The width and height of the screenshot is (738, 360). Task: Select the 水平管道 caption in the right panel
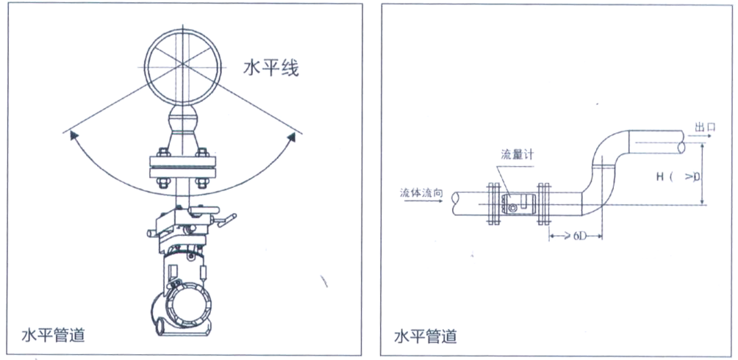point(426,336)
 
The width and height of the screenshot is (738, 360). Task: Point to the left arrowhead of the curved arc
point(71,134)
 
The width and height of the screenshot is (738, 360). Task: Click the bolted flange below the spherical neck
point(182,167)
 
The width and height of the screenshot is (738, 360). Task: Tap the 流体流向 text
point(421,192)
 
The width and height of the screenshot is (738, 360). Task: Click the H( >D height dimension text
point(676,176)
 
